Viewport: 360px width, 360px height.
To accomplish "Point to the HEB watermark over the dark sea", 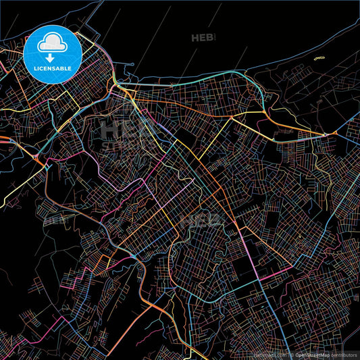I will [x=203, y=38].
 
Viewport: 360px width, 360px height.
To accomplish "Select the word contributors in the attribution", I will [x=344, y=354].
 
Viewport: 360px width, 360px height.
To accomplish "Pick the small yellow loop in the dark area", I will [x=319, y=57].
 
